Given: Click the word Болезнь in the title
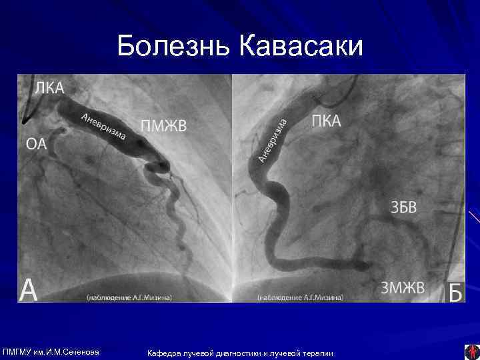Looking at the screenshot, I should point(173,47).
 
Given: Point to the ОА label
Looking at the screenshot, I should point(37,143).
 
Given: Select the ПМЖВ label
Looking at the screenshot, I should point(164,126).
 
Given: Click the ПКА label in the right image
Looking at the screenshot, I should point(327,121).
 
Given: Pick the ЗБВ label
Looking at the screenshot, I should point(403,207).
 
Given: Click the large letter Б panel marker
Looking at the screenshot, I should point(455,292).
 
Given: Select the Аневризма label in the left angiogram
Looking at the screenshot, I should point(104,127).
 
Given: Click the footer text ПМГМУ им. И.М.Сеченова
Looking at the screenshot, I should point(51,351).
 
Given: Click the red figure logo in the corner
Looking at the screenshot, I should point(471,351).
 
